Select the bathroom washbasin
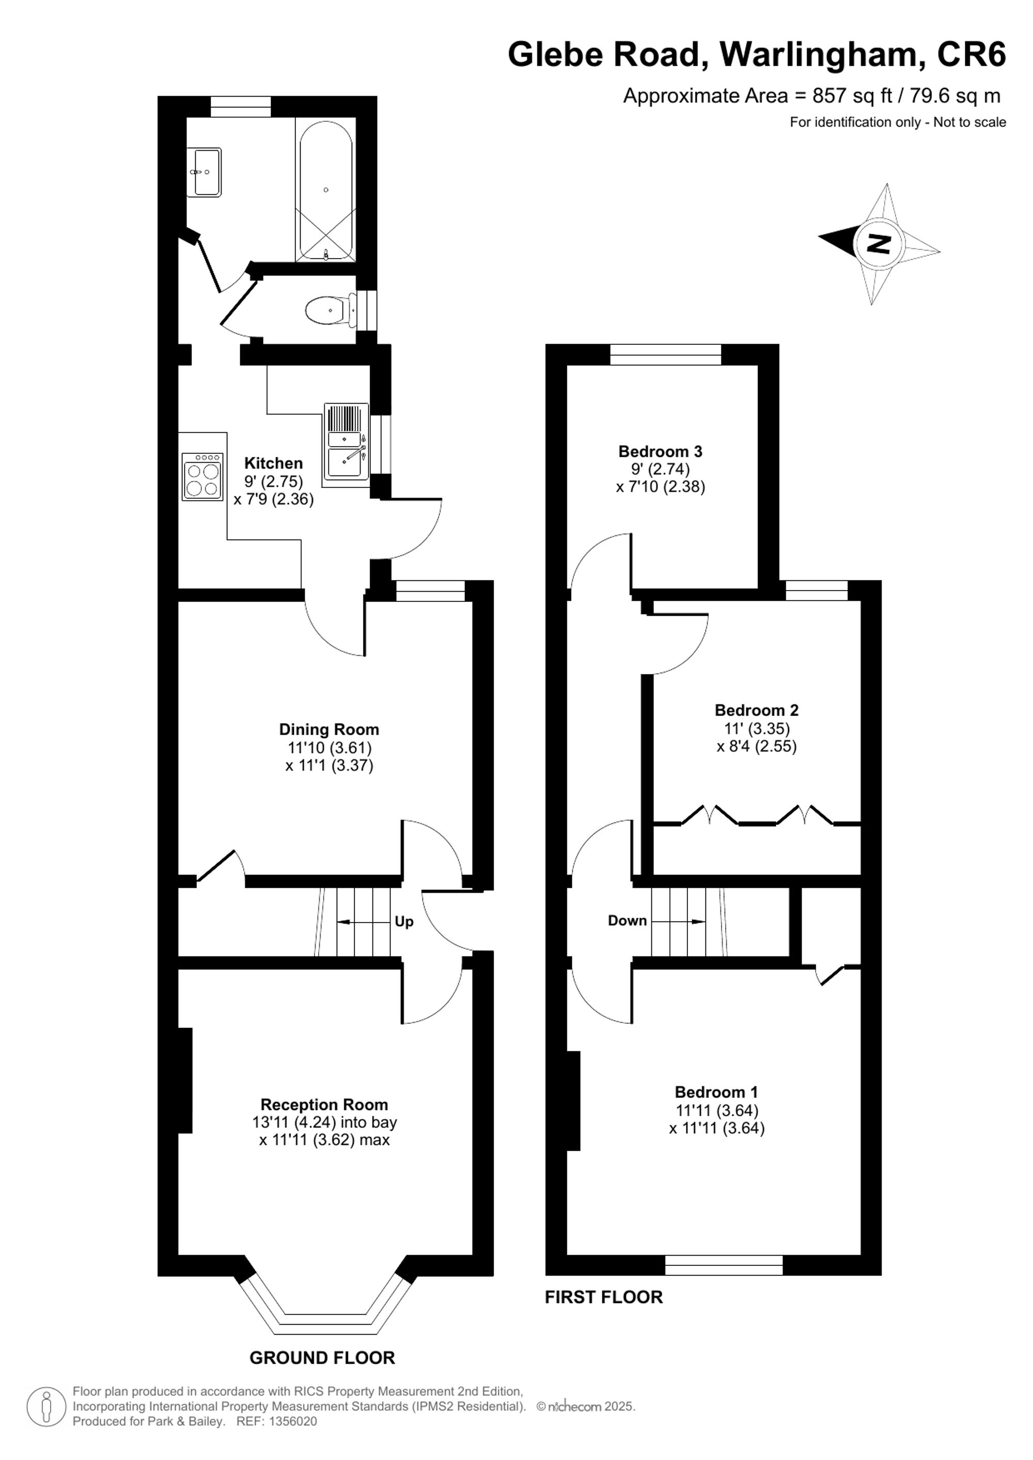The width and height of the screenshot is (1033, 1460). click(x=205, y=172)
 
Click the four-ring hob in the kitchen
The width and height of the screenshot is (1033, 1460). click(x=203, y=475)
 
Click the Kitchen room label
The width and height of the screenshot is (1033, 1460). click(x=274, y=463)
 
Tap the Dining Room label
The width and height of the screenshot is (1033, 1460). click(x=329, y=729)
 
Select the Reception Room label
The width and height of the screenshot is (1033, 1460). click(x=324, y=1104)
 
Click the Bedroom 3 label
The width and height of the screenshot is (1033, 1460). click(x=660, y=452)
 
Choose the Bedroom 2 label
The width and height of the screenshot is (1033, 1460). click(x=756, y=710)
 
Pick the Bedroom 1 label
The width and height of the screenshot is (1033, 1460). click(x=716, y=1092)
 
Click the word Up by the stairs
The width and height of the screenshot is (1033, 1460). click(x=404, y=922)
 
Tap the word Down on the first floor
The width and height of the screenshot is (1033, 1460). click(x=627, y=920)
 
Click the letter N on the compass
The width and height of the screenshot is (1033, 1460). click(x=880, y=243)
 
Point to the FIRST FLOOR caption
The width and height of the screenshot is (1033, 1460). click(x=604, y=1297)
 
